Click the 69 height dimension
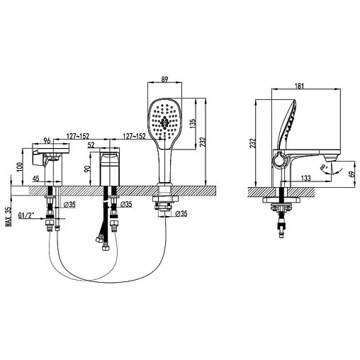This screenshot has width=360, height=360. pyautogui.click(x=352, y=171)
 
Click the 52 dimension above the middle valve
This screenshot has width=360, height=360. pyautogui.click(x=111, y=145)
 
